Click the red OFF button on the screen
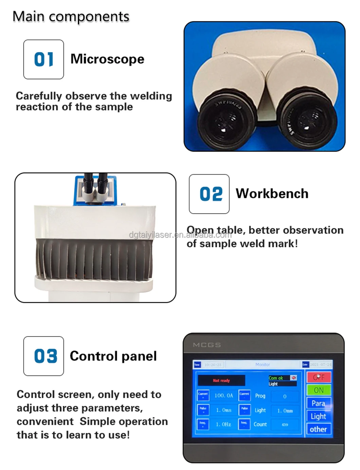click(319, 377)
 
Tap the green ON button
click(319, 390)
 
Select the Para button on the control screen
click(319, 403)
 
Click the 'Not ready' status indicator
click(221, 381)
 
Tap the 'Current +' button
click(203, 395)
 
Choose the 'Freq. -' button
click(244, 424)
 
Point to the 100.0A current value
click(224, 396)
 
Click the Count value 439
click(285, 424)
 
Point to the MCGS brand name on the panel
click(207, 345)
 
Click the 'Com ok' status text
click(276, 378)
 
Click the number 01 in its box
click(43, 59)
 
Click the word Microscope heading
click(107, 59)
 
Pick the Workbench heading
click(272, 194)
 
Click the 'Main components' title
click(71, 16)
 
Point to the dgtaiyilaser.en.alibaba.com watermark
click(180, 234)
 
